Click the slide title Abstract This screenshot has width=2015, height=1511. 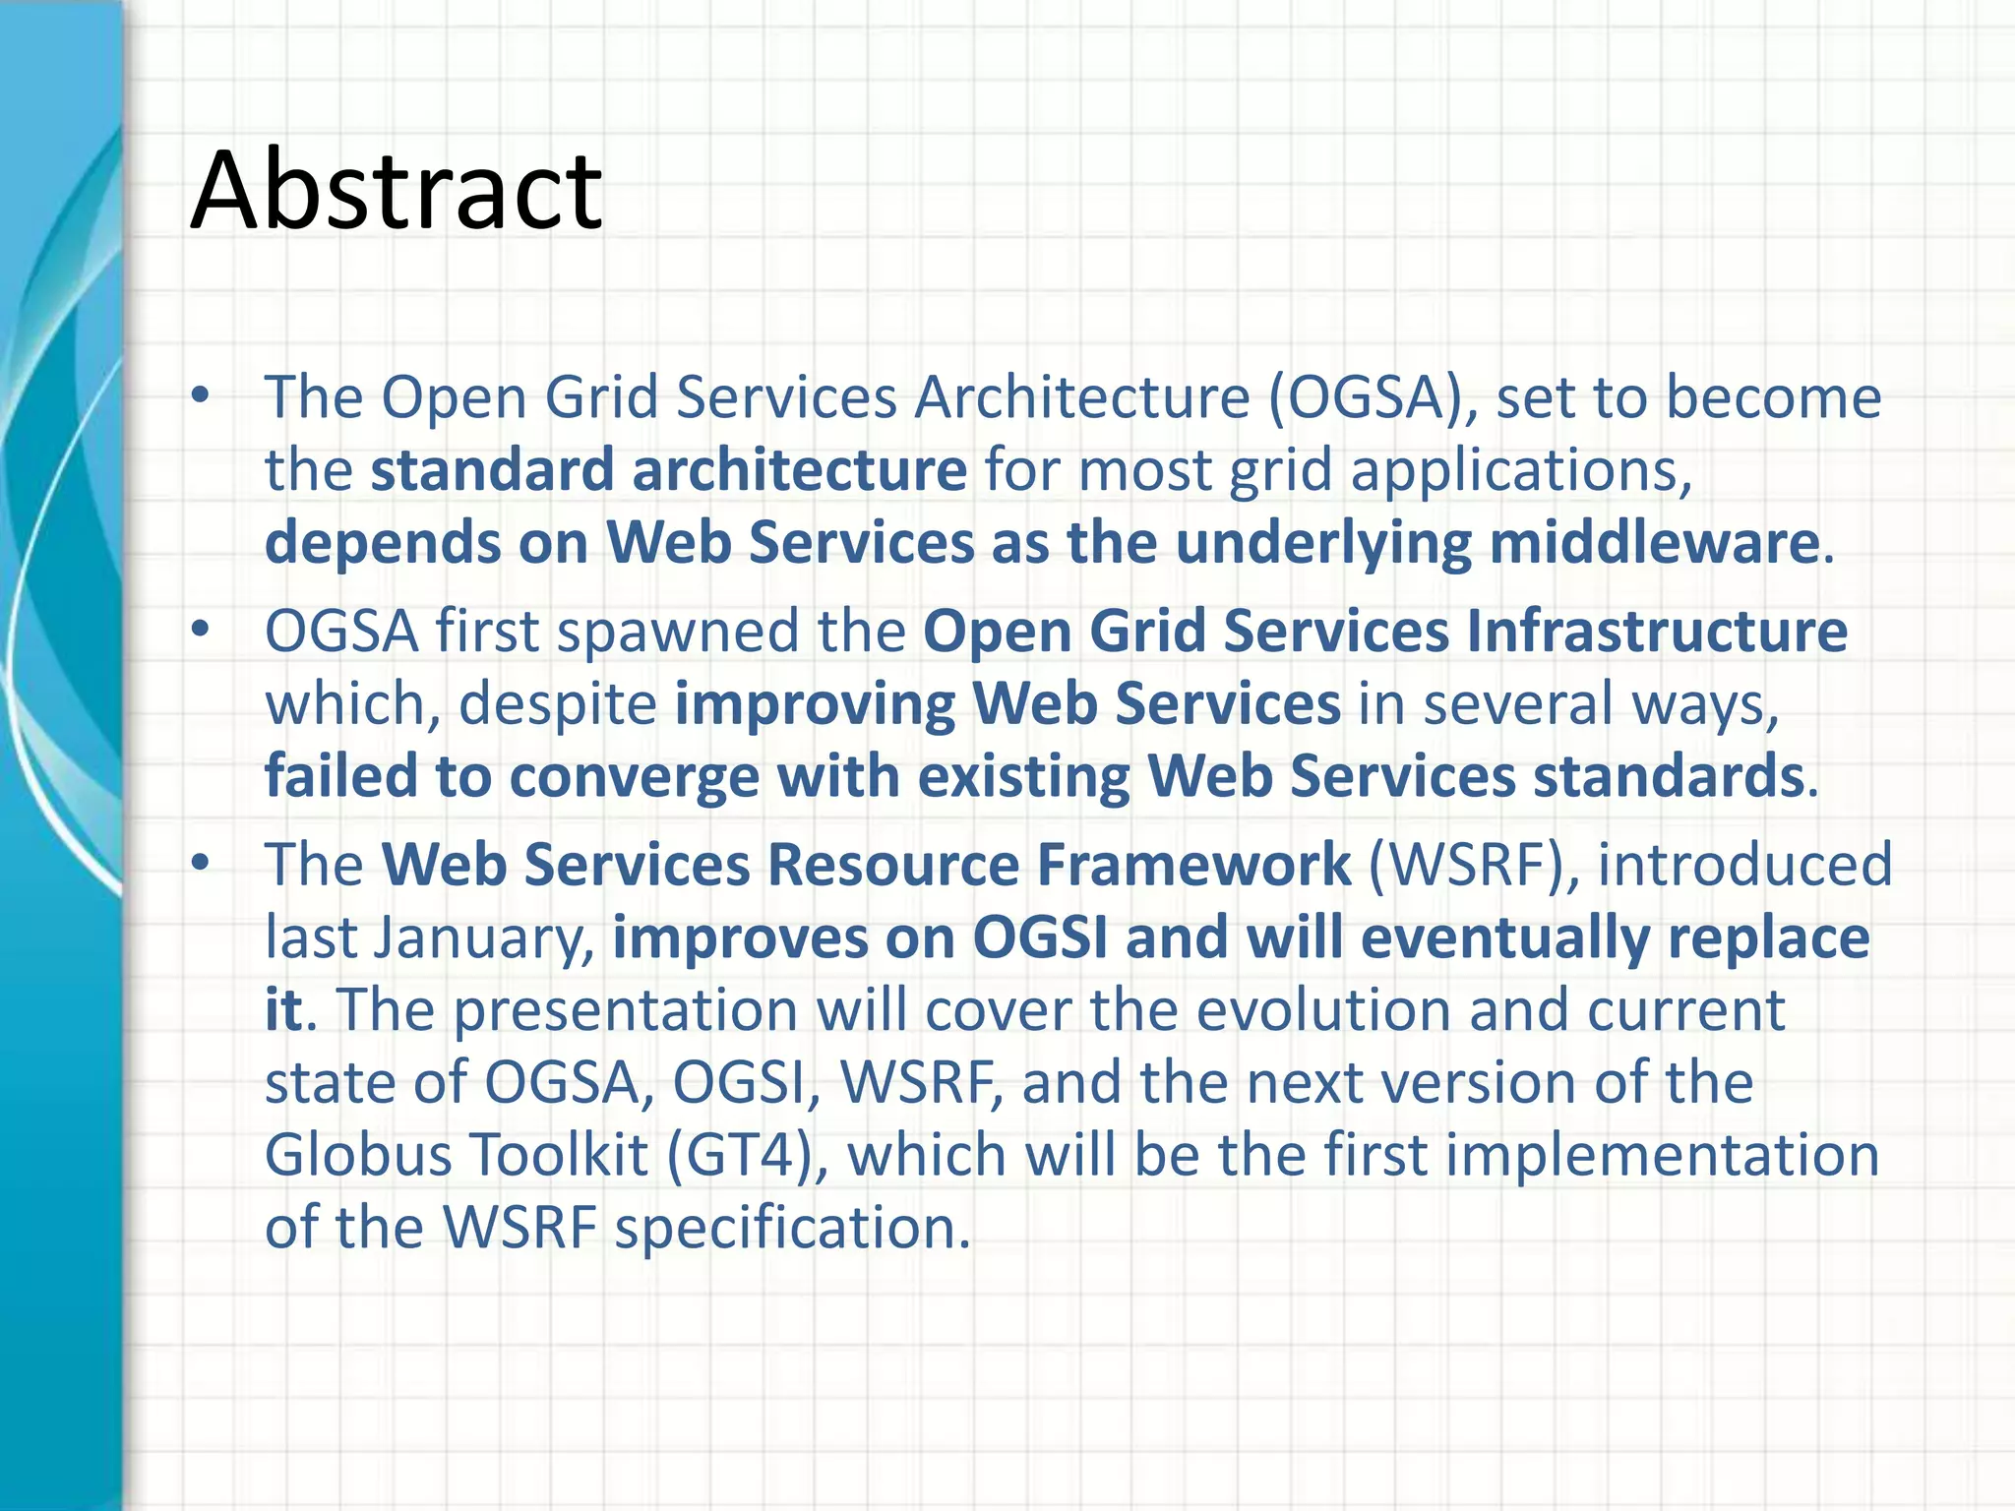(x=396, y=190)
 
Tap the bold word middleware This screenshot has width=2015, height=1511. (x=1654, y=543)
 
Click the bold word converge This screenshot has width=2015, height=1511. (x=634, y=777)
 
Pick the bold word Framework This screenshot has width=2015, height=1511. (x=1193, y=866)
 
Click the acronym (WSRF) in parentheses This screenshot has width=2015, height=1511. (x=1474, y=866)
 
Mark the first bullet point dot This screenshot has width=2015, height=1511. (x=201, y=396)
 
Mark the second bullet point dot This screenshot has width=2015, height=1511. (x=201, y=631)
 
